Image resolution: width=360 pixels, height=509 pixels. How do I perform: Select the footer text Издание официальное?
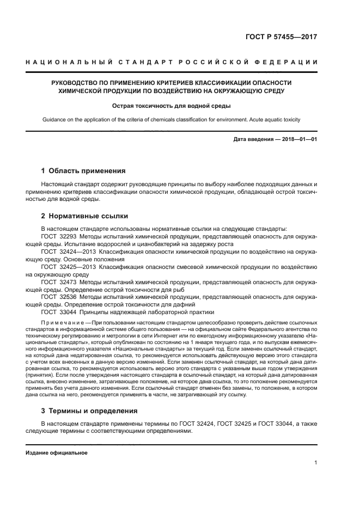click(x=56, y=452)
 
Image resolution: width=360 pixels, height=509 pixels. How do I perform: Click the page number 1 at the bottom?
click(x=315, y=463)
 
